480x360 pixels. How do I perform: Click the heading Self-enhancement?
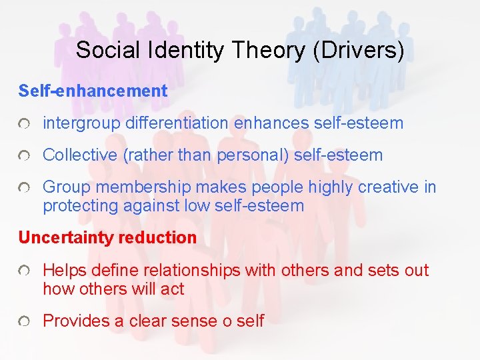[93, 91]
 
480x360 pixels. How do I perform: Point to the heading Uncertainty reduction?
[107, 237]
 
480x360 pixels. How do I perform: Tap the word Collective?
[79, 155]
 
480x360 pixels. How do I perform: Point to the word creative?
[389, 187]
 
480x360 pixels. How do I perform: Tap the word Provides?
[76, 321]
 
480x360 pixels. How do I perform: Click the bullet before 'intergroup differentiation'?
[23, 124]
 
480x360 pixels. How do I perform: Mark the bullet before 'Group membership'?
[23, 189]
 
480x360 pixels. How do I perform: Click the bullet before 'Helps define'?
[23, 271]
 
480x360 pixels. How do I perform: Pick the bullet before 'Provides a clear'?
[23, 322]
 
